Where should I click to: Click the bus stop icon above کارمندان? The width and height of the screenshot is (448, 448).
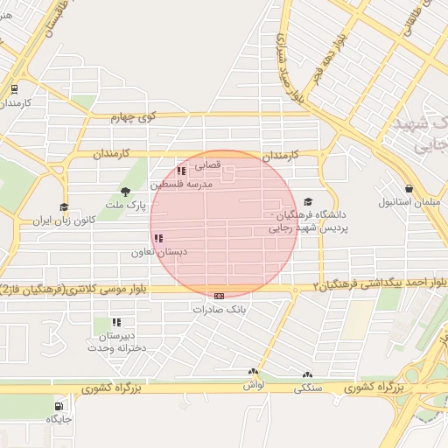point(14,89)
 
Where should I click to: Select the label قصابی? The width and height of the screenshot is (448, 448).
point(206,164)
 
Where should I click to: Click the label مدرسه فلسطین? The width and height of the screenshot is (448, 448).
point(180,185)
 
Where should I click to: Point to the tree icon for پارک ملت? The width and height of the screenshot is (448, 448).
point(125,192)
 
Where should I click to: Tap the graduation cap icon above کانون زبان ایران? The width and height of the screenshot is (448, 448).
point(64,207)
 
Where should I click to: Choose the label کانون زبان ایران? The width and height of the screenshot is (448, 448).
point(63,221)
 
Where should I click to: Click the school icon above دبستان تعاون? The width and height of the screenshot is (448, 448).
point(158,238)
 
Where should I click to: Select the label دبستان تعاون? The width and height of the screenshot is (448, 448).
point(154,252)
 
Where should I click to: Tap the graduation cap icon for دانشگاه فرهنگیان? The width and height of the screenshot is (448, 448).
point(307,201)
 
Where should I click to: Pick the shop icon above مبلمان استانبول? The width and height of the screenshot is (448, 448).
point(409,189)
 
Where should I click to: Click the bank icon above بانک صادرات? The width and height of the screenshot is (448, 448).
point(218,296)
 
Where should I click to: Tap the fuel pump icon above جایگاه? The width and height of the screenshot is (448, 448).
point(59,406)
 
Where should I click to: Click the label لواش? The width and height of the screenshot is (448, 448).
point(254,385)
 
